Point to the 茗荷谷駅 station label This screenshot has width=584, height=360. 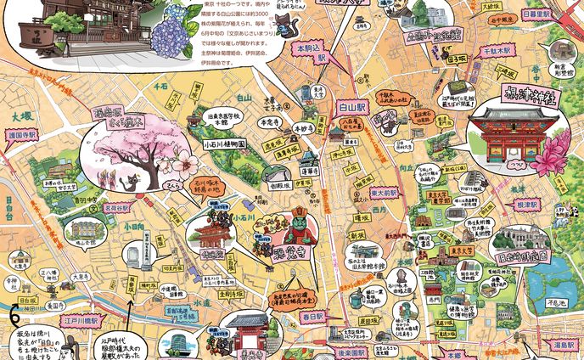(x=116, y=206)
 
